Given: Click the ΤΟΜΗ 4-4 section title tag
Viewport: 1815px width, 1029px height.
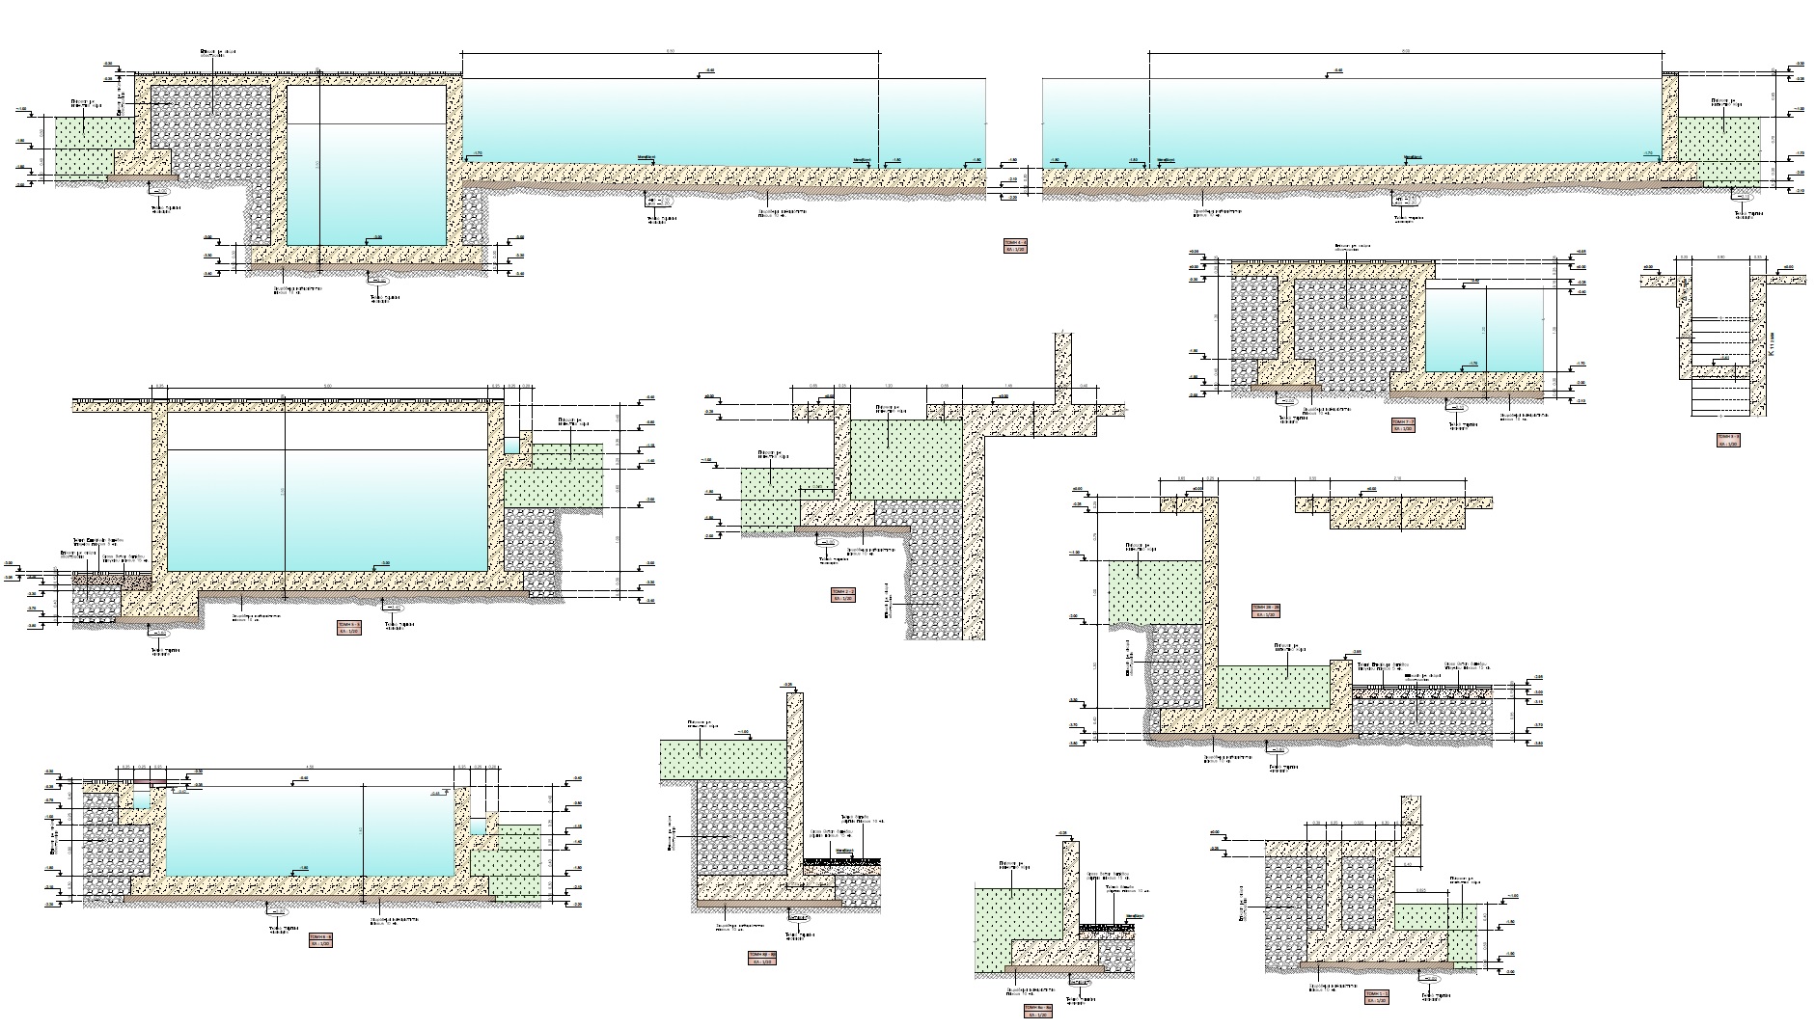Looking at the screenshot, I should pyautogui.click(x=1015, y=246).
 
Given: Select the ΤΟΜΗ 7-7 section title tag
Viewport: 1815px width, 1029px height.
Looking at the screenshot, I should pyautogui.click(x=1402, y=425).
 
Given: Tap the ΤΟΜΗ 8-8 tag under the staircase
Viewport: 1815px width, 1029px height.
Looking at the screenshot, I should pyautogui.click(x=1727, y=440).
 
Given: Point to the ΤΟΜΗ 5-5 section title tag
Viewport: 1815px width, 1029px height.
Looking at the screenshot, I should pyautogui.click(x=348, y=628).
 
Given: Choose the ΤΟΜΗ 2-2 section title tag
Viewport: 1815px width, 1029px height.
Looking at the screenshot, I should pyautogui.click(x=842, y=594).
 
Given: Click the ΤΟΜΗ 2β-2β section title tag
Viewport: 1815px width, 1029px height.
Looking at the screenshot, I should pyautogui.click(x=1265, y=609).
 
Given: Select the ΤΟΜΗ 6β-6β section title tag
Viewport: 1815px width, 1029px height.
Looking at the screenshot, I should pyautogui.click(x=761, y=958).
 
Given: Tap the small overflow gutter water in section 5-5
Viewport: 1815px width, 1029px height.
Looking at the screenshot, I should pyautogui.click(x=511, y=447).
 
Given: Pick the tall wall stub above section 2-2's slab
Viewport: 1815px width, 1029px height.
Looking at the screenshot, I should pyautogui.click(x=1064, y=366).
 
